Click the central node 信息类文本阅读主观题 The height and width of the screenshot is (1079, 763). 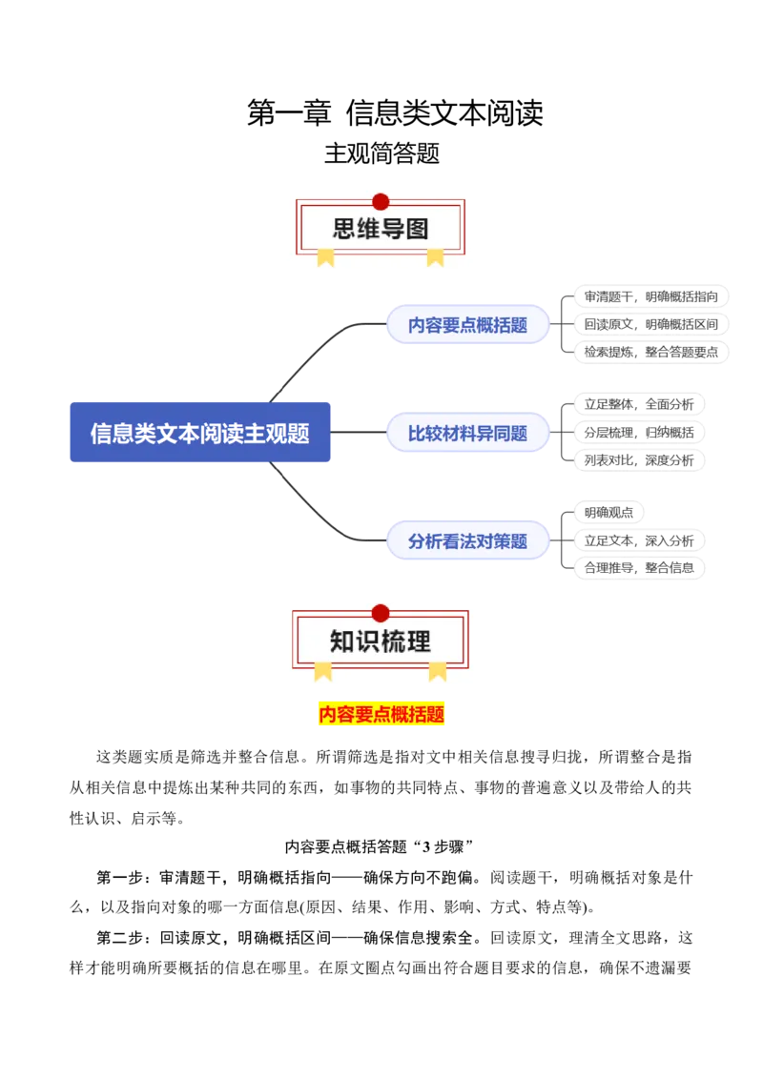(x=201, y=432)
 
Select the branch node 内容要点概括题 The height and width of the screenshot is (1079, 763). (x=468, y=324)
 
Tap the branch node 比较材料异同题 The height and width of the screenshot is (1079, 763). (x=468, y=433)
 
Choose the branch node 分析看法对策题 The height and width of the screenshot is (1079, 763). (x=468, y=540)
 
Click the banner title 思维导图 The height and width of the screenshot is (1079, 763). (x=381, y=230)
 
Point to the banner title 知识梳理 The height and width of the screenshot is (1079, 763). (x=381, y=641)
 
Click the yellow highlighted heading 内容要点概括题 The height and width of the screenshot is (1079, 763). (x=381, y=714)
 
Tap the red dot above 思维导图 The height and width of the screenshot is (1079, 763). (x=381, y=201)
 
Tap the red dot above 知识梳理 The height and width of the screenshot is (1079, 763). (x=381, y=613)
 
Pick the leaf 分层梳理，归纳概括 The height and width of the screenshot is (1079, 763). (x=639, y=433)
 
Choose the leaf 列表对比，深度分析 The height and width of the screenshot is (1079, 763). (x=639, y=459)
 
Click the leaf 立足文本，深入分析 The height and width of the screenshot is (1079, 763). (x=639, y=540)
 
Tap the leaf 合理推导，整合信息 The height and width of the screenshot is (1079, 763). (x=639, y=568)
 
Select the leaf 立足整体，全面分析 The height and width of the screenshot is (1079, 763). (x=639, y=404)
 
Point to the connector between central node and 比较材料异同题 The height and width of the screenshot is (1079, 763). (x=359, y=432)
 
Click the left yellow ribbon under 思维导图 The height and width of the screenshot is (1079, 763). (x=325, y=256)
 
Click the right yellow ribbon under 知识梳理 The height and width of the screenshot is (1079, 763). (x=437, y=671)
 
